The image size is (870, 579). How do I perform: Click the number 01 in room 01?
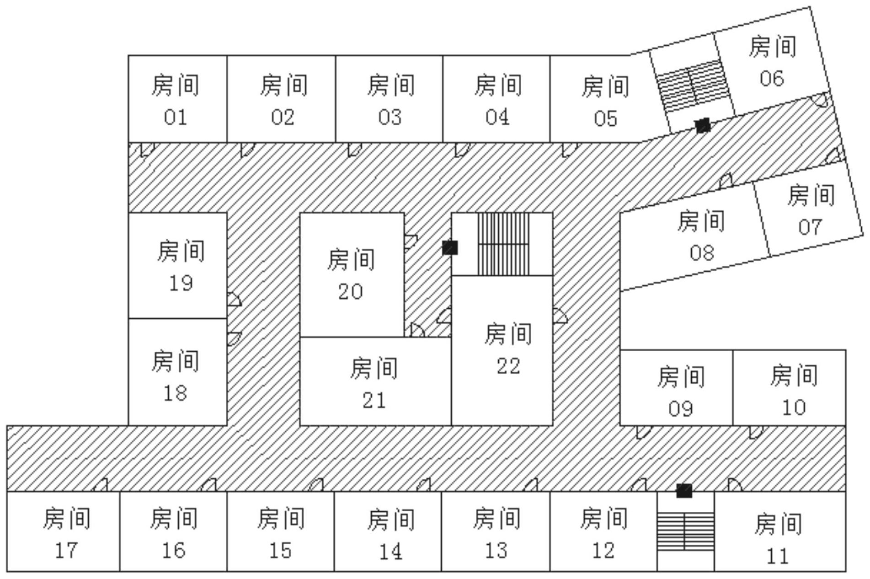pyautogui.click(x=176, y=118)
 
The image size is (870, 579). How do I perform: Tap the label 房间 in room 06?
pyautogui.click(x=772, y=47)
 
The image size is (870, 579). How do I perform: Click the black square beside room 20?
pyautogui.click(x=450, y=248)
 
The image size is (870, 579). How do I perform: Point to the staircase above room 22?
pyautogui.click(x=503, y=244)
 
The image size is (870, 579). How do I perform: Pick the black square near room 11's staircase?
pyautogui.click(x=684, y=491)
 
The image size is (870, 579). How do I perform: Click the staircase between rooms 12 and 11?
pyautogui.click(x=685, y=531)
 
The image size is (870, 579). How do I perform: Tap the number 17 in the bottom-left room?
pyautogui.click(x=66, y=550)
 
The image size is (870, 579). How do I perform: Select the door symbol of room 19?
pyautogui.click(x=234, y=300)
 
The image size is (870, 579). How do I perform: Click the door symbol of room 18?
pyautogui.click(x=234, y=338)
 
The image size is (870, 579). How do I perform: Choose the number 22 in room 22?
pyautogui.click(x=508, y=366)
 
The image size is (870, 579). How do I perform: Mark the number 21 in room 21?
pyautogui.click(x=374, y=401)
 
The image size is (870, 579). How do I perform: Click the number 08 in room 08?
pyautogui.click(x=702, y=252)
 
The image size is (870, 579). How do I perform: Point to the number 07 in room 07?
pyautogui.click(x=810, y=227)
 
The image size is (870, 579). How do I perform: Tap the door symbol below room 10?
pyautogui.click(x=756, y=432)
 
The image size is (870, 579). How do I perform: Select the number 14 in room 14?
pyautogui.click(x=390, y=552)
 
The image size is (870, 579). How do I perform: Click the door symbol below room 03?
pyautogui.click(x=354, y=149)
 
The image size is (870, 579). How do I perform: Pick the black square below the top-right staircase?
pyautogui.click(x=703, y=125)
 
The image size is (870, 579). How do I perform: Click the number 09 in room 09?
pyautogui.click(x=681, y=408)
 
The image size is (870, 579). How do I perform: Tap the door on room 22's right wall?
pyautogui.click(x=560, y=316)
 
